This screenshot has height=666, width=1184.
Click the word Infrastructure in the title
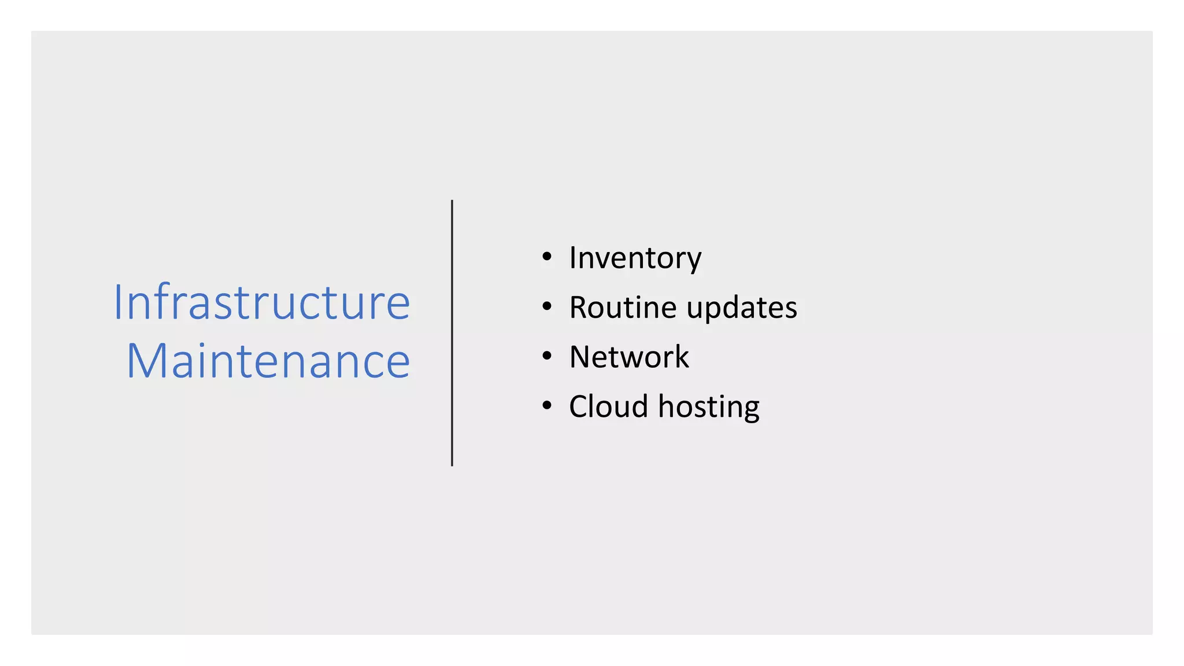[261, 302]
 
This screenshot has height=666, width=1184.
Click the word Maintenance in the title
[268, 362]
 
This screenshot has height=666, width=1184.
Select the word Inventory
[635, 258]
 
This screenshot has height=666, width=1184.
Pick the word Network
[629, 357]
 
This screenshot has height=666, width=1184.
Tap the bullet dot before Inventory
[547, 257]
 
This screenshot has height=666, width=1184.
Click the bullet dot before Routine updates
[547, 306]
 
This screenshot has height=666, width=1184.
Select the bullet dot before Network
[547, 356]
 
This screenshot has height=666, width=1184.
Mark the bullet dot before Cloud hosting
[547, 406]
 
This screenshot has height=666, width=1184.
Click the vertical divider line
[452, 333]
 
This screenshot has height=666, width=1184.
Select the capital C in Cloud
[580, 406]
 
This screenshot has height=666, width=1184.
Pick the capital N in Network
[581, 357]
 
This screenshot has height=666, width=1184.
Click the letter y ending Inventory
[694, 261]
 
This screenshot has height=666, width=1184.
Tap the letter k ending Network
[682, 357]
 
